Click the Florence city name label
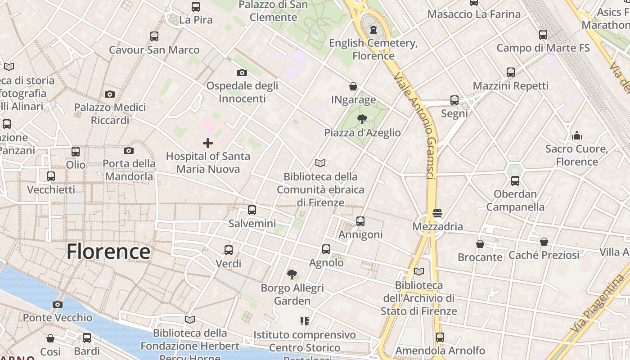click(x=108, y=251)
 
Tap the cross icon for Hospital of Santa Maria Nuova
click(x=208, y=143)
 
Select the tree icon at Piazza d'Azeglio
click(x=362, y=119)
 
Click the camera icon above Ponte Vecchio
click(x=57, y=304)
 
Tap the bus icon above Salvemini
click(x=252, y=210)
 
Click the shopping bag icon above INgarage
click(x=353, y=86)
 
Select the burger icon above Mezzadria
click(x=437, y=213)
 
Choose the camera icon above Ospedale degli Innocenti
click(x=242, y=72)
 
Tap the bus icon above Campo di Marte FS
click(x=543, y=34)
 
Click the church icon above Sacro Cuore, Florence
click(x=577, y=135)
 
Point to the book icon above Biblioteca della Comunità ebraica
click(x=320, y=163)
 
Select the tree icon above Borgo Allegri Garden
click(x=292, y=274)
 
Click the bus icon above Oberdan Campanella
click(x=515, y=181)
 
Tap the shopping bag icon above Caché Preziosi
click(x=544, y=242)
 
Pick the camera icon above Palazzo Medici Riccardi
click(x=110, y=94)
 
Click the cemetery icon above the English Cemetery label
click(x=373, y=30)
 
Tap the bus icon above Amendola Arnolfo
click(x=440, y=337)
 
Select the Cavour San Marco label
click(x=154, y=50)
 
